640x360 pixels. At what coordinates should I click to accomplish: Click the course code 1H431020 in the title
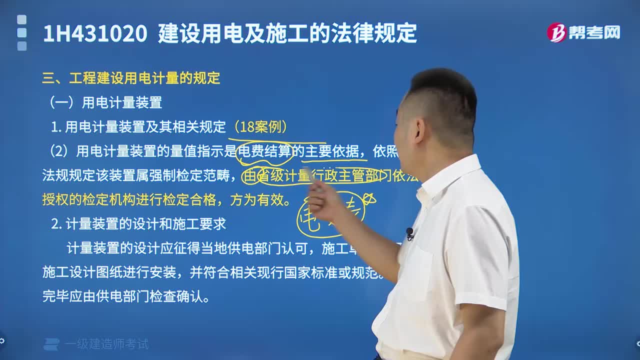[x=95, y=34]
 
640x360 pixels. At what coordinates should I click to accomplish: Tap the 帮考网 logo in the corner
[x=583, y=33]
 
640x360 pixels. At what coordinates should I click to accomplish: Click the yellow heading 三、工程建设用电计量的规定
[x=131, y=78]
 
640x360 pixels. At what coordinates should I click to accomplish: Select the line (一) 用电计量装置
[x=105, y=102]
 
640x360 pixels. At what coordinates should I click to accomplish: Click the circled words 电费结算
[x=264, y=151]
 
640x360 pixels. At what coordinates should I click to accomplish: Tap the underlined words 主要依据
[x=332, y=151]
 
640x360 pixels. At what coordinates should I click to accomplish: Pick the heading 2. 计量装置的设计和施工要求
[x=138, y=224]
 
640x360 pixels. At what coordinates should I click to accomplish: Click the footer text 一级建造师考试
[x=106, y=344]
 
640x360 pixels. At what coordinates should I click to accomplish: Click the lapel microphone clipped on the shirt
[x=409, y=232]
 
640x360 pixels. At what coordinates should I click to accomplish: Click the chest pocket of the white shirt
[x=418, y=270]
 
